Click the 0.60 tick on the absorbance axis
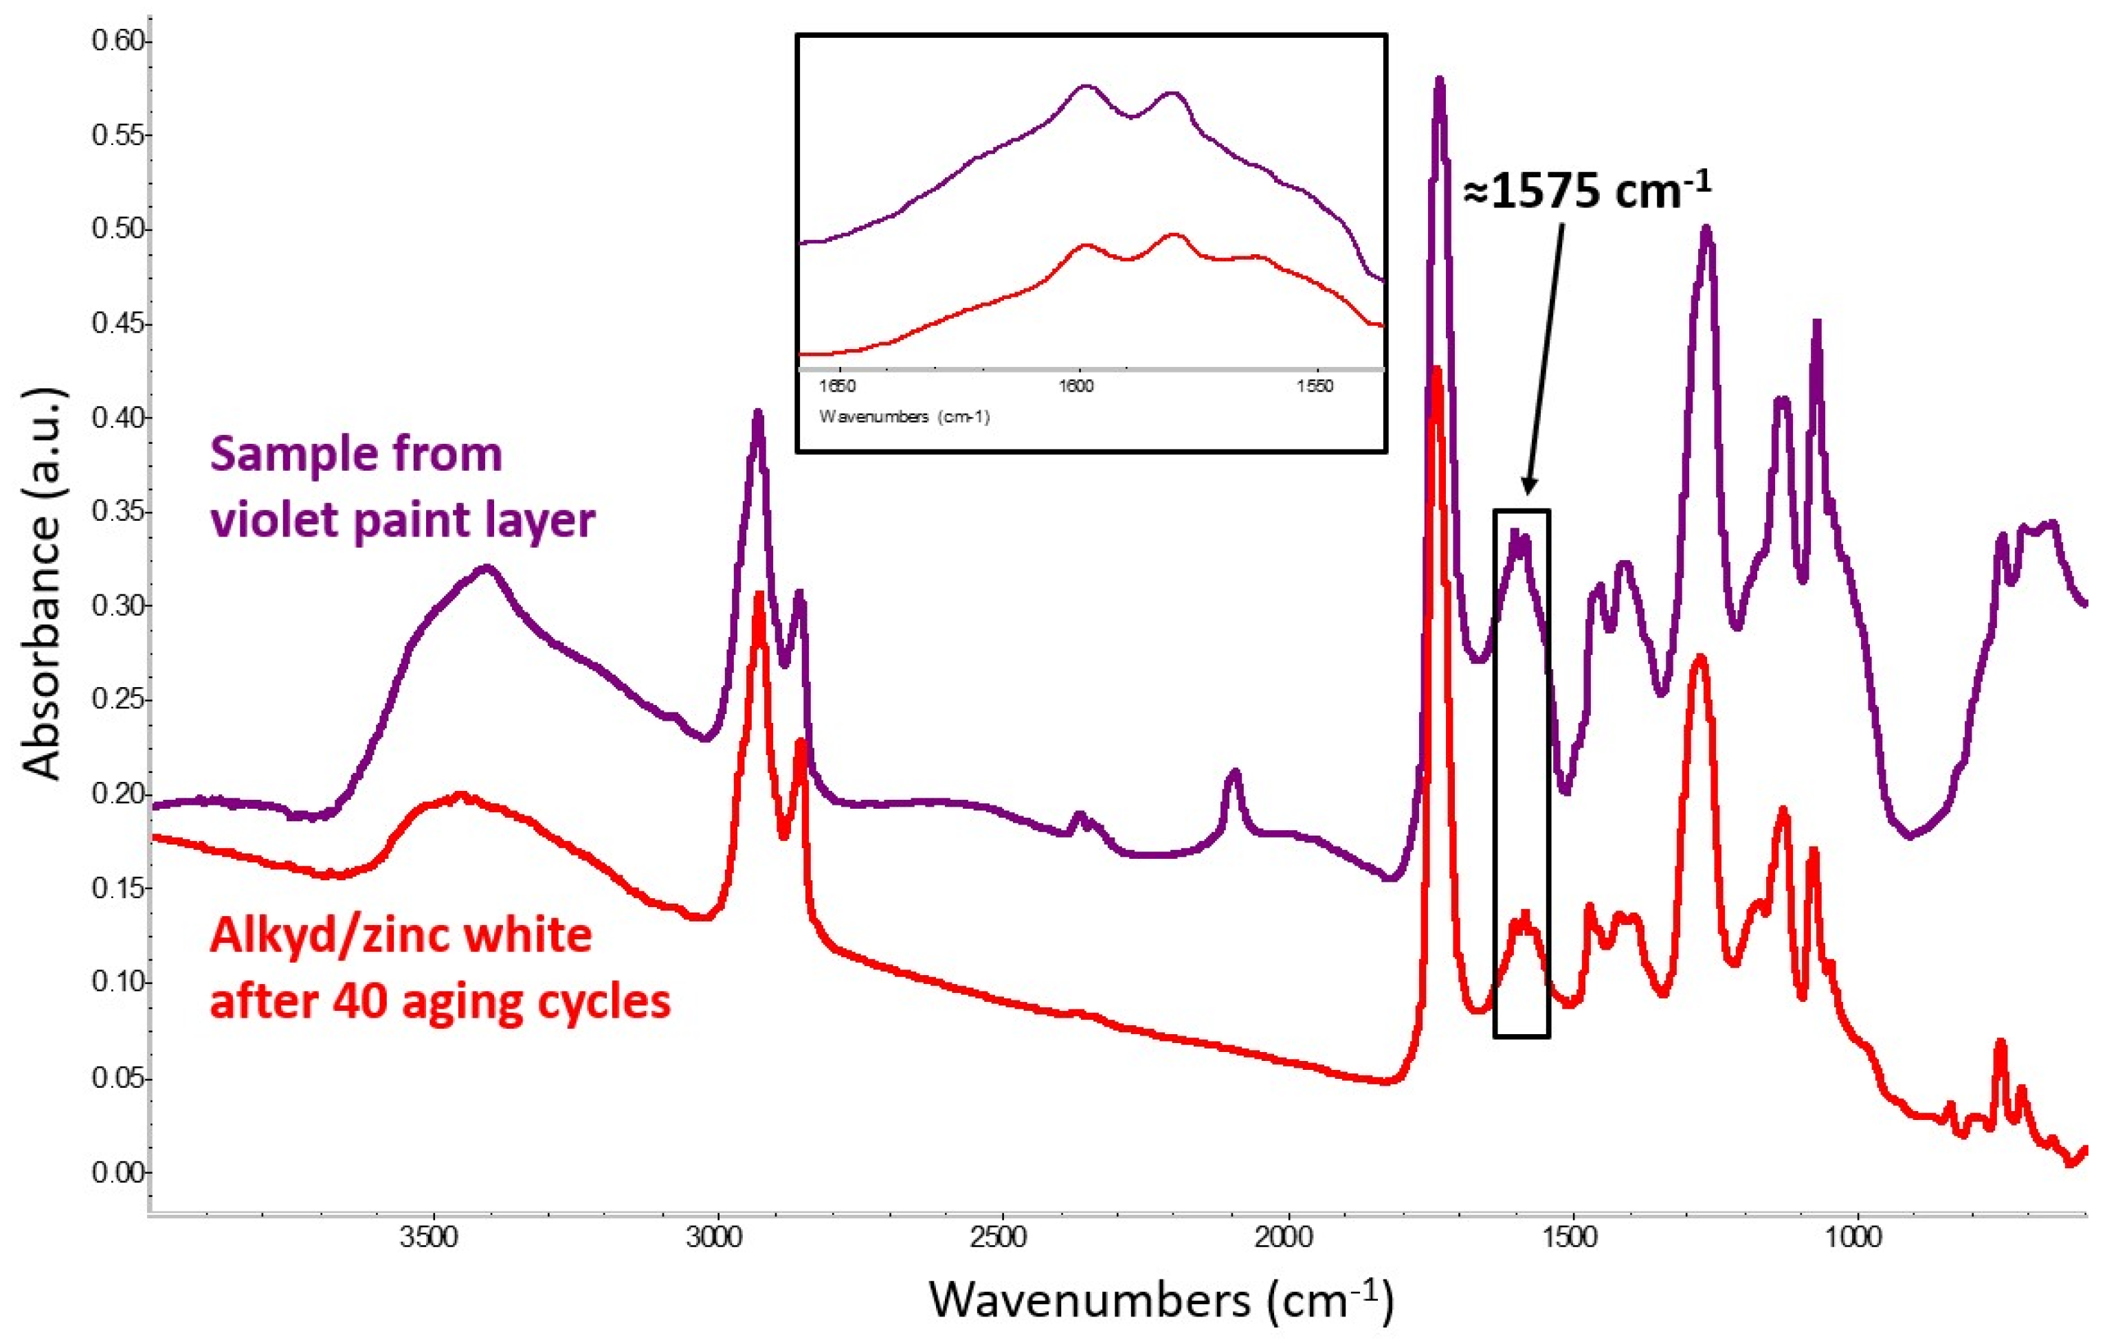tap(118, 41)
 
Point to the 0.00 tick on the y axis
tap(118, 1172)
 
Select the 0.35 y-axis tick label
tap(118, 512)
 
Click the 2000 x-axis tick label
tap(1288, 1237)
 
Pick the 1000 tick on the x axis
tap(1855, 1237)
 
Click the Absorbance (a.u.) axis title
tap(42, 584)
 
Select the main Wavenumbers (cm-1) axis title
tap(1159, 1298)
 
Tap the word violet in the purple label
tap(274, 519)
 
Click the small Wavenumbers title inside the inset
tap(904, 416)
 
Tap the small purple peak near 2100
tap(1234, 772)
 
